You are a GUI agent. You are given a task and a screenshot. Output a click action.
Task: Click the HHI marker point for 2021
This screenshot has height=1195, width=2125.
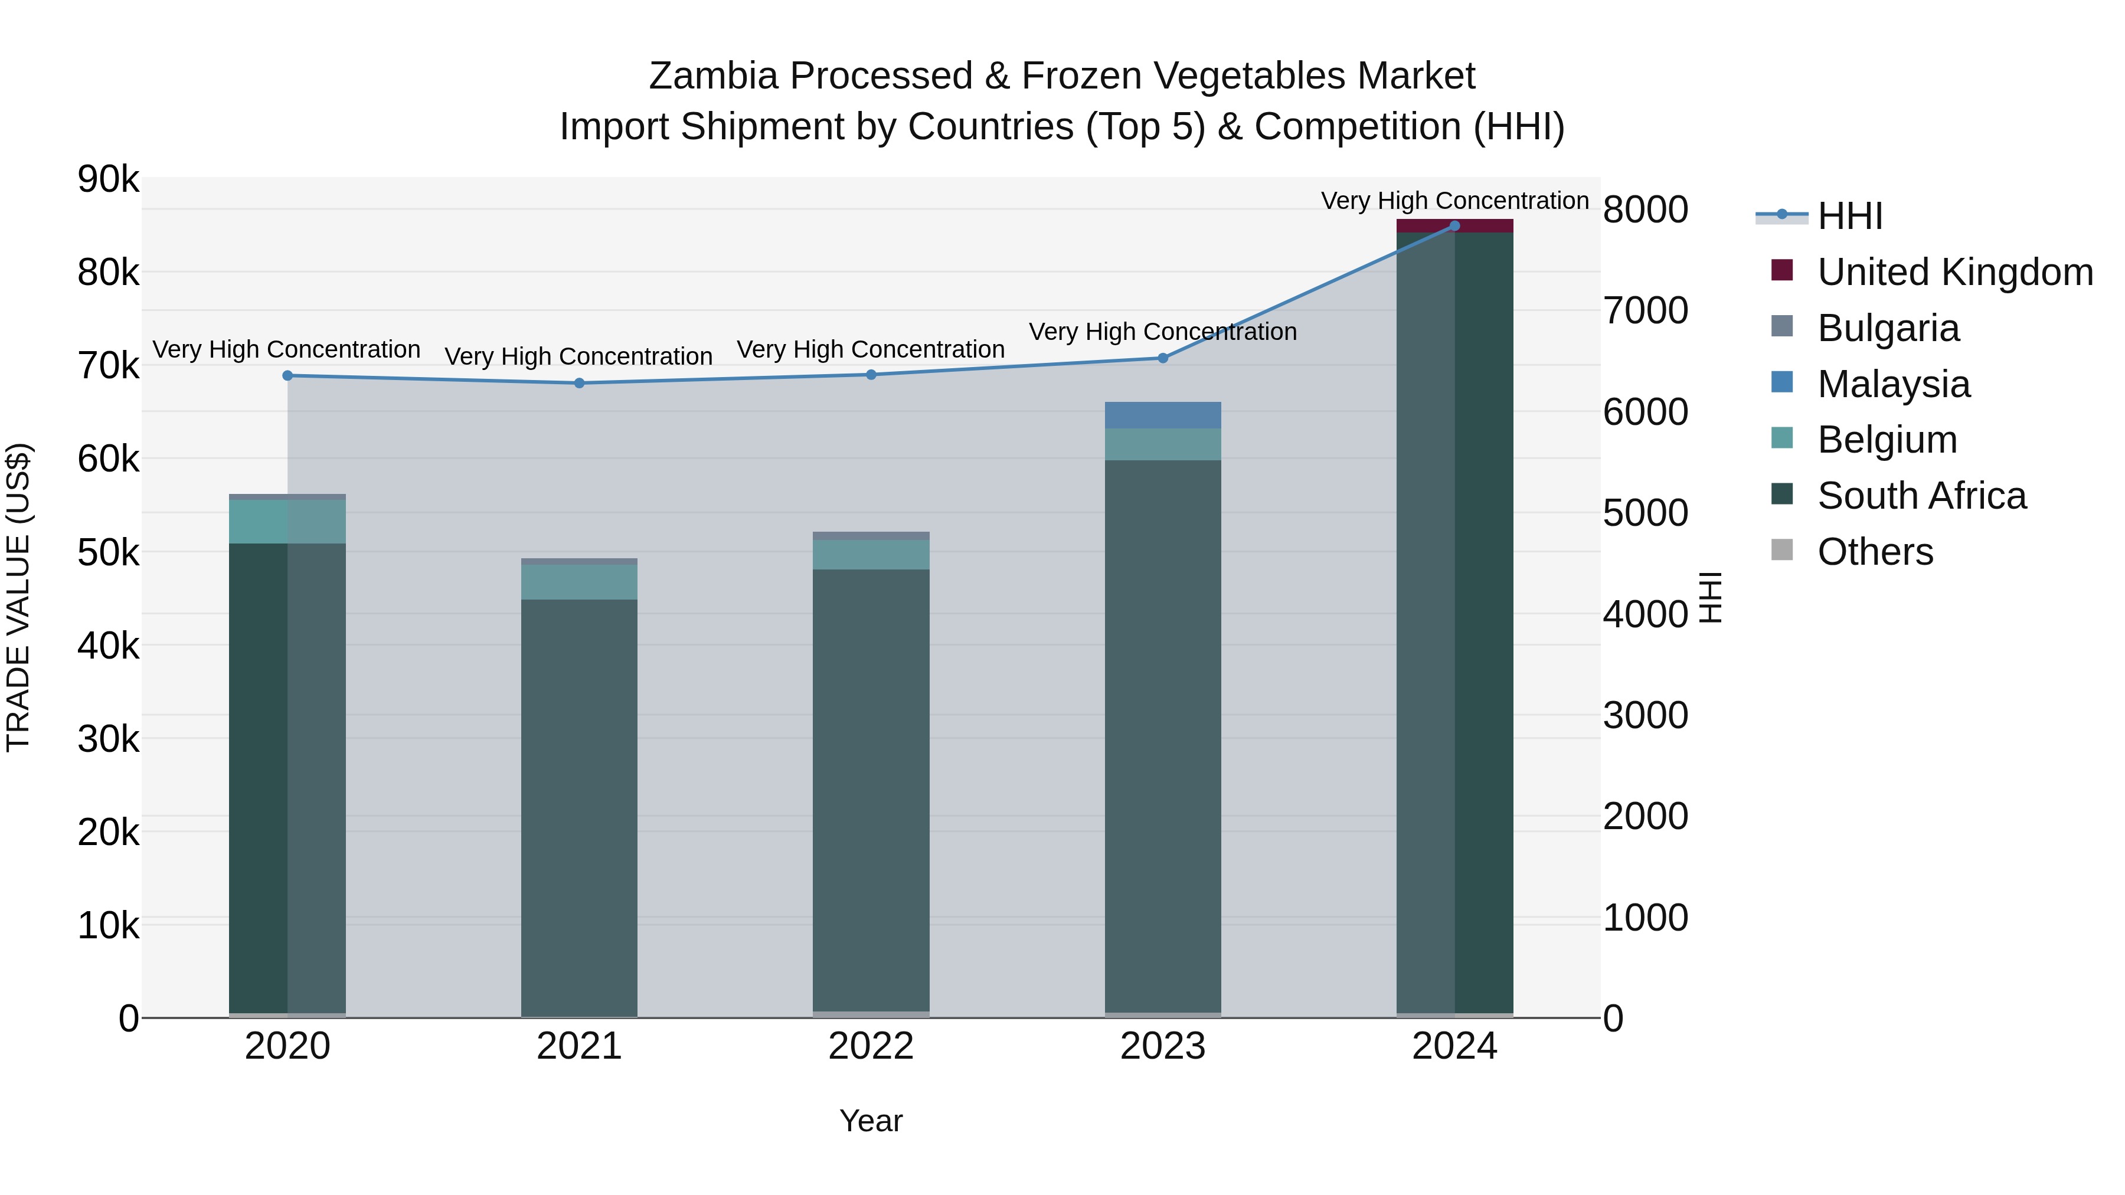(579, 382)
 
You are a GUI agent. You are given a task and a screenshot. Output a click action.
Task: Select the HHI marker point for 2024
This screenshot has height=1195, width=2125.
(1454, 226)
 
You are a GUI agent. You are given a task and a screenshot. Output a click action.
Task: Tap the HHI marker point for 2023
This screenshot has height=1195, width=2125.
(1163, 358)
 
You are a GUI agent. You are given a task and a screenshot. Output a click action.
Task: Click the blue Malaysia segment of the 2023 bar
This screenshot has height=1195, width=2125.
(1163, 415)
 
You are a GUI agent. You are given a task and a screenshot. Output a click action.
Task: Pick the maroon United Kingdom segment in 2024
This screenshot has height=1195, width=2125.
(1454, 226)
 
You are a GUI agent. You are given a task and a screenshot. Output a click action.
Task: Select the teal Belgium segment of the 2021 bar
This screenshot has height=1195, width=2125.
(579, 582)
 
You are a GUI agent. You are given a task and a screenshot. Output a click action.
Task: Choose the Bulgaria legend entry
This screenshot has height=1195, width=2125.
(1888, 328)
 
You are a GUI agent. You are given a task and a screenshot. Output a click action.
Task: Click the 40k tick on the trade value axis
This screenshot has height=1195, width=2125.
(108, 646)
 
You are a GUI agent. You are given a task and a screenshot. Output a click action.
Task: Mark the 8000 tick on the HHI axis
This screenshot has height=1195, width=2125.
(1645, 209)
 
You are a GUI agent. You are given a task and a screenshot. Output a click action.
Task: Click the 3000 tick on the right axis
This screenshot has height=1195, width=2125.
(1645, 715)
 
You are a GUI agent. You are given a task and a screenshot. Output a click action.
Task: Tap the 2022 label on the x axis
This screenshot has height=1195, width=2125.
(871, 1046)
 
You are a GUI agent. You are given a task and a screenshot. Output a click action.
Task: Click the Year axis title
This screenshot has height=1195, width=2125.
(871, 1121)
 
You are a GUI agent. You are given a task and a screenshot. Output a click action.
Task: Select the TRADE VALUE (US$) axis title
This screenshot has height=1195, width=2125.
(18, 597)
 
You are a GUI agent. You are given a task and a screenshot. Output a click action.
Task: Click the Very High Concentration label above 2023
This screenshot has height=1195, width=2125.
(1163, 332)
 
